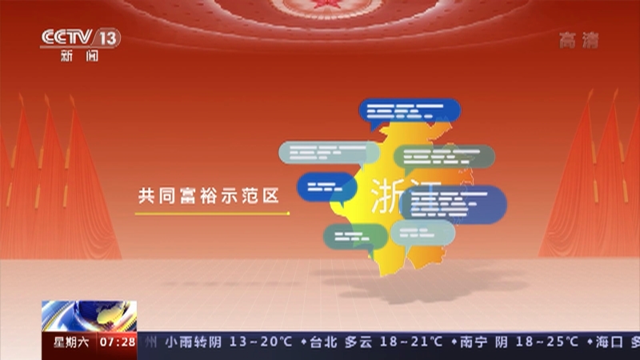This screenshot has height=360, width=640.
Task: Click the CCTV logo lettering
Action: [67, 38]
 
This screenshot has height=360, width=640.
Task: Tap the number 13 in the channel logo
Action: [109, 38]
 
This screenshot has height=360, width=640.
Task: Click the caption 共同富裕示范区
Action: [208, 195]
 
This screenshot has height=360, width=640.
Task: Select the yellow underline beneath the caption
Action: [212, 214]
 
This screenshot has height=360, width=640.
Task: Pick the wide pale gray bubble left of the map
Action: [328, 152]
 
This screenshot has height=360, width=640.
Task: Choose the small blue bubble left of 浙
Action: [326, 187]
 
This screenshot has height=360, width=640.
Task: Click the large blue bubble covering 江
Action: [454, 204]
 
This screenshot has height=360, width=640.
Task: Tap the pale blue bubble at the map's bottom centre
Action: [422, 232]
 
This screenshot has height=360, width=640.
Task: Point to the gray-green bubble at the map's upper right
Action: [444, 156]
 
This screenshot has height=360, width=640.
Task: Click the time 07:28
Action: [118, 342]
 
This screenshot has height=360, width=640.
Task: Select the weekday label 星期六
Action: [70, 342]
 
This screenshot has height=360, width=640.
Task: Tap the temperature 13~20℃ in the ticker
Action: [260, 342]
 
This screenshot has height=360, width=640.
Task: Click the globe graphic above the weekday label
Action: [88, 317]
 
